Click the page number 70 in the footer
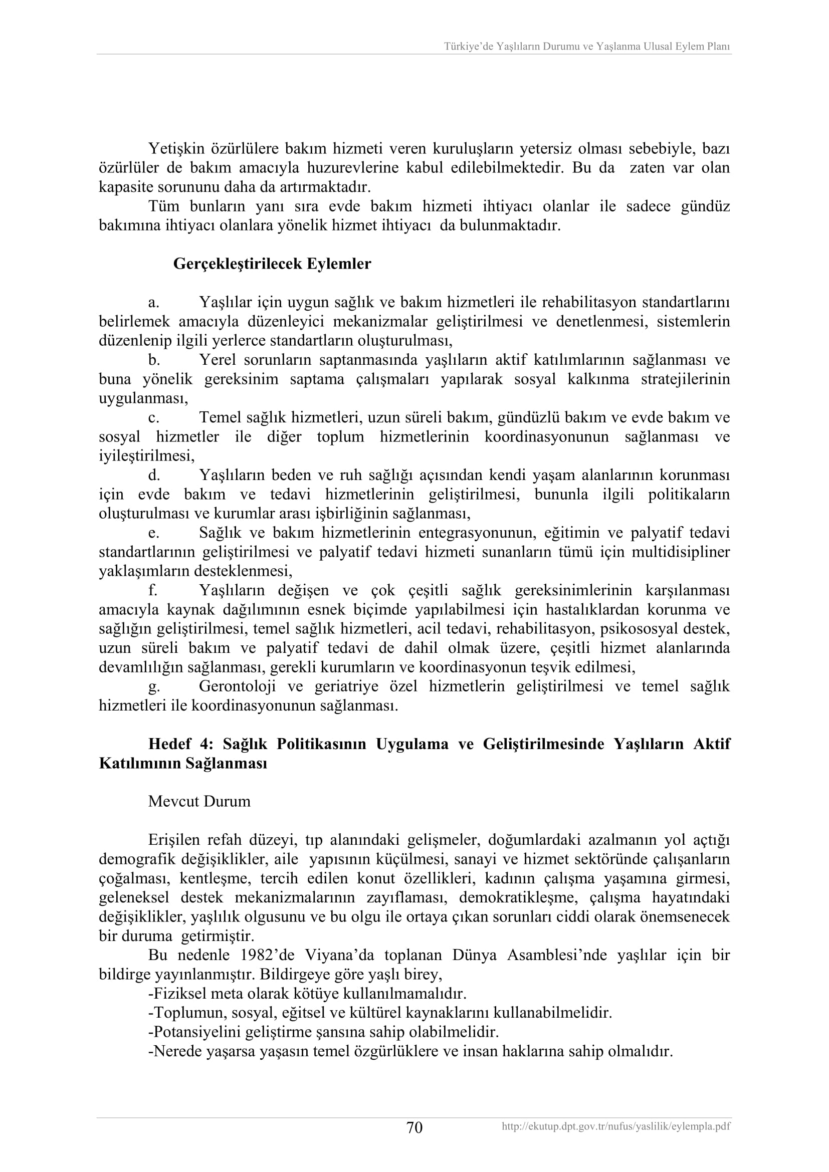click(x=414, y=1127)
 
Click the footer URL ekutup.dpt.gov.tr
click(x=615, y=1126)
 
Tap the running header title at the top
click(x=586, y=47)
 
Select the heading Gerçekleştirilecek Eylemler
click(x=272, y=264)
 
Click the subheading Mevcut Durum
click(x=199, y=801)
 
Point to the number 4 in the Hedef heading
click(x=205, y=744)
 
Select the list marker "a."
click(x=154, y=303)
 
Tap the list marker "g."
click(x=154, y=686)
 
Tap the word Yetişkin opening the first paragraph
click(x=176, y=148)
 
